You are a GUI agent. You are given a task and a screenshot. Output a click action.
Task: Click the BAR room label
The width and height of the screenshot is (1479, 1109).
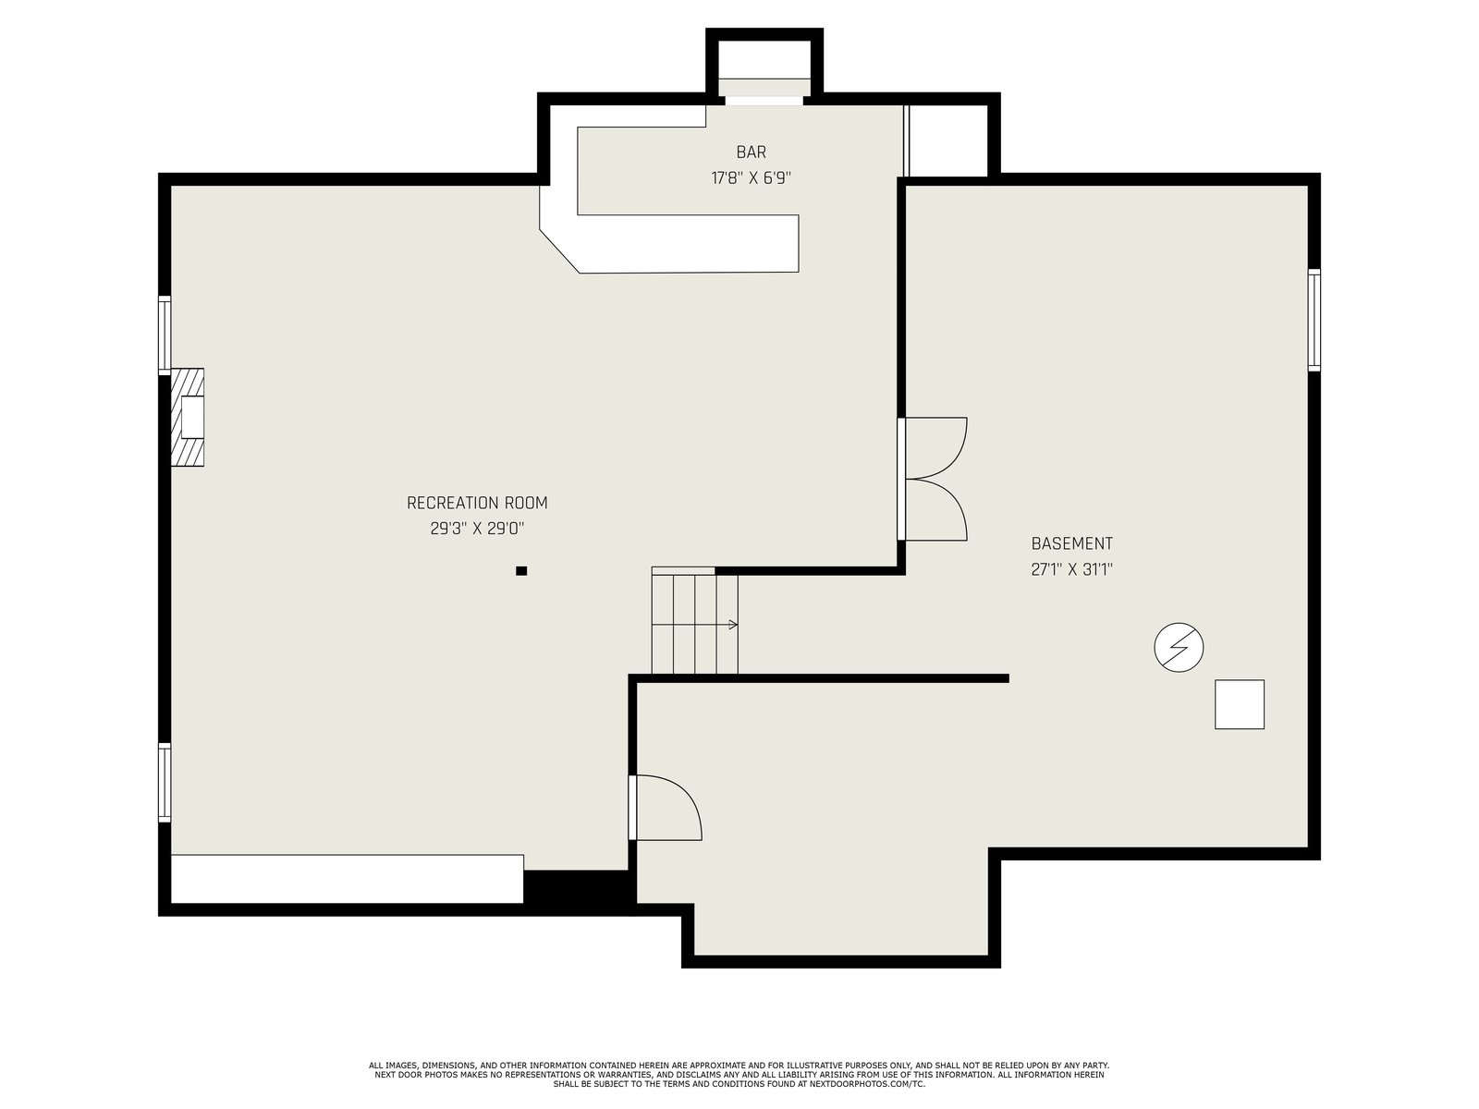751,152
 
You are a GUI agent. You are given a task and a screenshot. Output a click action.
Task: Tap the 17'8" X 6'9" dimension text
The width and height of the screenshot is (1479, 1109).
751,178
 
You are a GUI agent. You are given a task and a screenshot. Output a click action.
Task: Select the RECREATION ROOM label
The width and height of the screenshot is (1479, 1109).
477,503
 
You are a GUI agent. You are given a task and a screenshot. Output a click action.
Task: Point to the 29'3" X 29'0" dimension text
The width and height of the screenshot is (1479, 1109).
477,529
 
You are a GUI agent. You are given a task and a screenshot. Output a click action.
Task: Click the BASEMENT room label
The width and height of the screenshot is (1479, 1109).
1071,543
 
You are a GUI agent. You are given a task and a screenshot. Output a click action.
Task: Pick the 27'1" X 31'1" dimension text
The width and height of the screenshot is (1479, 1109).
1071,569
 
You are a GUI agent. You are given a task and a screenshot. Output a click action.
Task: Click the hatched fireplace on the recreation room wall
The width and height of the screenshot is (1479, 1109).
187,417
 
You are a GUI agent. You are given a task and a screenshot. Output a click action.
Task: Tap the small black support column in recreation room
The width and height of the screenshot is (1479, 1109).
520,571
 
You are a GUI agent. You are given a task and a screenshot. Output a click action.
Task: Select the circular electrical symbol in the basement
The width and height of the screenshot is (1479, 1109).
1179,647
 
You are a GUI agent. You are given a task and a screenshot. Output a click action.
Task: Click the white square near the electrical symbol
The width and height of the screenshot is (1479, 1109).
1240,704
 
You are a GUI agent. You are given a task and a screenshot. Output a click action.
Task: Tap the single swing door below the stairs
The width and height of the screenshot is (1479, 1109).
665,808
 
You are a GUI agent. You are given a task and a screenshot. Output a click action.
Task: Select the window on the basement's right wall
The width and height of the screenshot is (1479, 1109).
1314,320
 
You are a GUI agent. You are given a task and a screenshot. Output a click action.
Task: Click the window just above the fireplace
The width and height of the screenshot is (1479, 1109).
165,334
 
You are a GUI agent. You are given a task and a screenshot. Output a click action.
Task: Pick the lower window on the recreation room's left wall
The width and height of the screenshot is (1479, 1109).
165,782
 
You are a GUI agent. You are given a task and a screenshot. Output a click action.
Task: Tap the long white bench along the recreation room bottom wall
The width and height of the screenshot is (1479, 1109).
347,879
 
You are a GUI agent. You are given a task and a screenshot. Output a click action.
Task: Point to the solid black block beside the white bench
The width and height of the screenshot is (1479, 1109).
578,887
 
